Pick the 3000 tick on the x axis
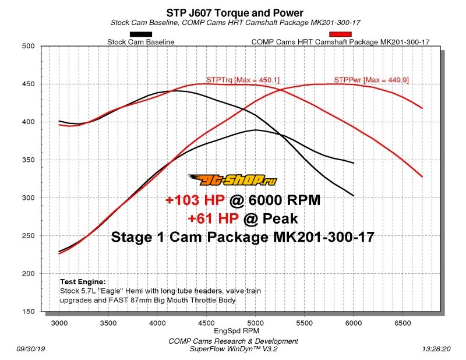[x=59, y=322]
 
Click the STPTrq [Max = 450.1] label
[x=235, y=79]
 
